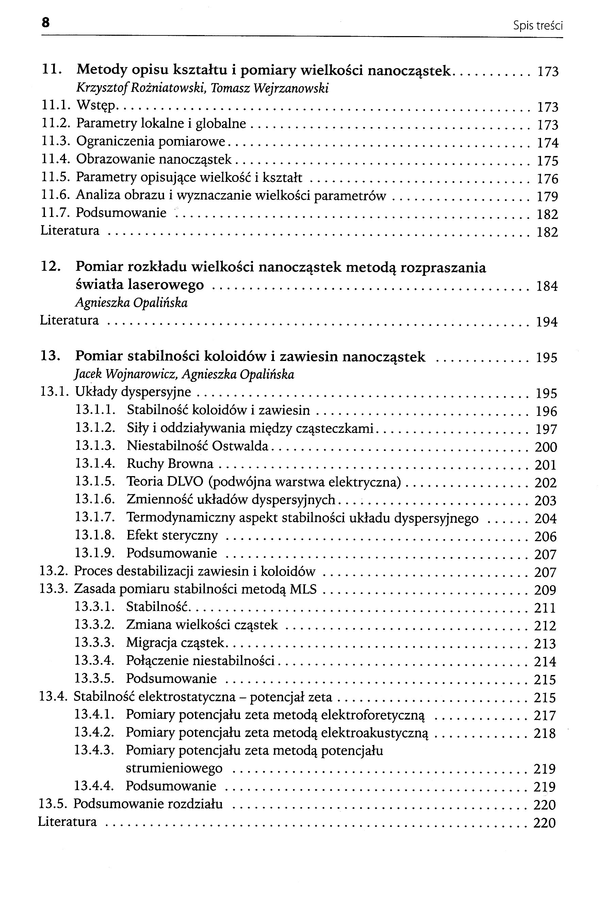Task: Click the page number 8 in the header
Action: tap(46, 23)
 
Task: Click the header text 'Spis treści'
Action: tap(538, 26)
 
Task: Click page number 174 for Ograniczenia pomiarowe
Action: tap(547, 143)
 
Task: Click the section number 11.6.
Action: tap(55, 195)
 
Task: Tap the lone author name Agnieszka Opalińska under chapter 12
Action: tap(131, 303)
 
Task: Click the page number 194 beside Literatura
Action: tap(547, 322)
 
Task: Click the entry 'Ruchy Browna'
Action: tap(170, 464)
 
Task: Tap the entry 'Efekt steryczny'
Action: tap(172, 536)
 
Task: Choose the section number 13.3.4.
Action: tap(95, 661)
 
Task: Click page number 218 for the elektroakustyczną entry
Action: tap(544, 733)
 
